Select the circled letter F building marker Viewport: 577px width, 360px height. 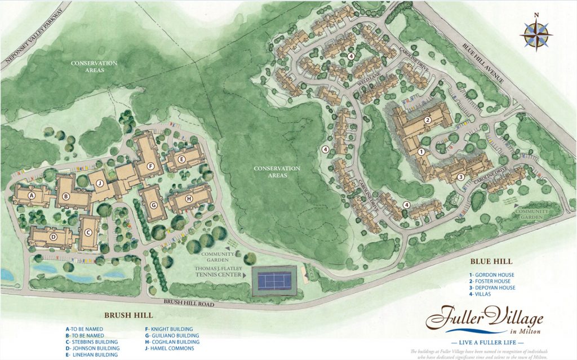(150, 166)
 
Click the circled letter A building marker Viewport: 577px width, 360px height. (32, 195)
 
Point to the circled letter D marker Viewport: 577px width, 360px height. (54, 237)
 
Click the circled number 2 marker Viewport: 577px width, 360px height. (428, 119)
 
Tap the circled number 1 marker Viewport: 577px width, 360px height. (421, 151)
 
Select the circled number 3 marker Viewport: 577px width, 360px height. (460, 177)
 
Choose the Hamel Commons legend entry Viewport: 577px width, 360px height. (168, 349)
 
